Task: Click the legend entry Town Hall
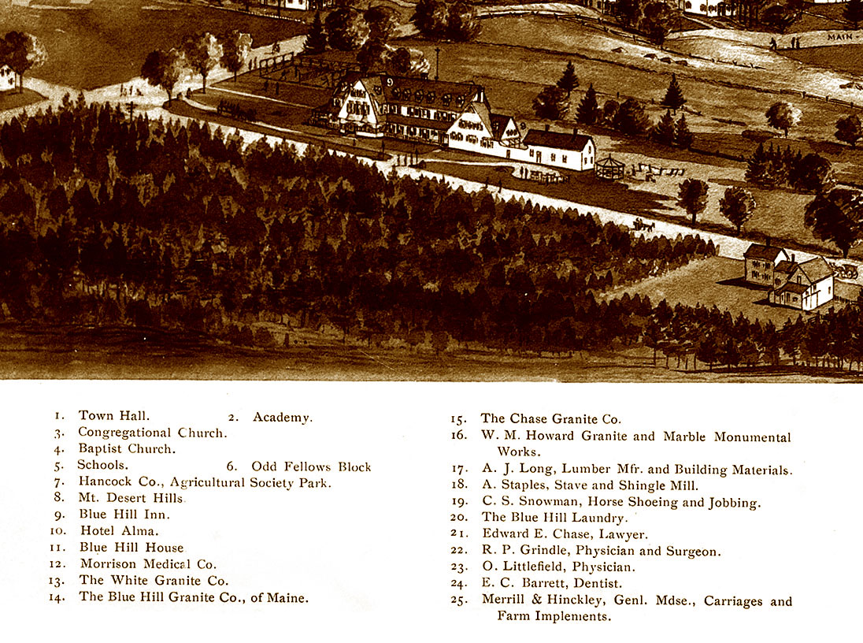113,415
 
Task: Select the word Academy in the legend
282,417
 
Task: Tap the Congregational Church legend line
152,433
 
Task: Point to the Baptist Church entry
127,449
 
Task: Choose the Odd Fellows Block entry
310,466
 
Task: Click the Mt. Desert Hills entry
131,498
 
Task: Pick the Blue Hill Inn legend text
124,515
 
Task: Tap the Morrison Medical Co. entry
148,564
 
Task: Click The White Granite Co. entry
154,581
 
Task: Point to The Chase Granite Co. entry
550,419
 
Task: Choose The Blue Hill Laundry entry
554,518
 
